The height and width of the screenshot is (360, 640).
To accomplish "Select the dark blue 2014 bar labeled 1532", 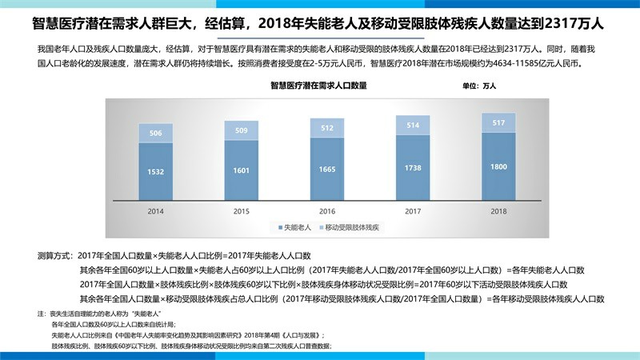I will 155,173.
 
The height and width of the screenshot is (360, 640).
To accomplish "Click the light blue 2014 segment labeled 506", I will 155,134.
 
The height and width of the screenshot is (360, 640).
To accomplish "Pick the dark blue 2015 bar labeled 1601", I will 241,170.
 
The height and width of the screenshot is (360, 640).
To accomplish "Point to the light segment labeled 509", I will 241,130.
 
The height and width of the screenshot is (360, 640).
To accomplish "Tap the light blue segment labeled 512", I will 327,127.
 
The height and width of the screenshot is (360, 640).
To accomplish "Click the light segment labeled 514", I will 413,125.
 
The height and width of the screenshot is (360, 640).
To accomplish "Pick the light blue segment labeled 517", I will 498,122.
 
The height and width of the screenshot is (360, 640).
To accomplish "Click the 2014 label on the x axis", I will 155,211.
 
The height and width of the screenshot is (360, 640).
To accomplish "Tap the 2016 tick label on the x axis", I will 327,211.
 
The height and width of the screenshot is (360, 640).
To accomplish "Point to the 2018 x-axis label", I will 498,211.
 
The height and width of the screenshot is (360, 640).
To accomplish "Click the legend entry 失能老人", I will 295,228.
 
